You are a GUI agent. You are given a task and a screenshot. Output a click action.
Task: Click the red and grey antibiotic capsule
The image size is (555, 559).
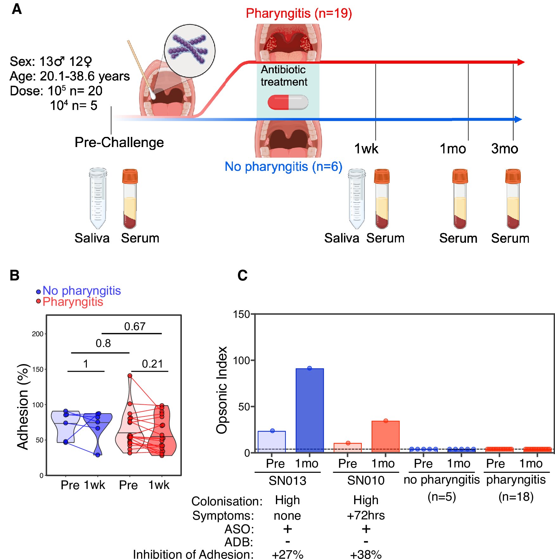pyautogui.click(x=288, y=102)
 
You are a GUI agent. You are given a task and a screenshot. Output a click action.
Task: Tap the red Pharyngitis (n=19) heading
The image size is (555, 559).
pyautogui.click(x=299, y=13)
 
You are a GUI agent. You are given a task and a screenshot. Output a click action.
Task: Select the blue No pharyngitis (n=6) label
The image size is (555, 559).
pyautogui.click(x=284, y=166)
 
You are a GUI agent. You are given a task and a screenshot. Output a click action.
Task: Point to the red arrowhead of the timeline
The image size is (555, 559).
pyautogui.click(x=521, y=62)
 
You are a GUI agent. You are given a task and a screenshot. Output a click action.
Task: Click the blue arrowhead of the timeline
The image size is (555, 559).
pyautogui.click(x=518, y=119)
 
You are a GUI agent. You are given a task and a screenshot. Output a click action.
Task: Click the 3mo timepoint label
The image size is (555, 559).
pyautogui.click(x=504, y=149)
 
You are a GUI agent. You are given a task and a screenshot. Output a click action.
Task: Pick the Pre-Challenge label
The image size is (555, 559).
pyautogui.click(x=119, y=142)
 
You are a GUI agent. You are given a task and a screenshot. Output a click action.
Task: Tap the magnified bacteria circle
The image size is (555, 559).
pyautogui.click(x=189, y=51)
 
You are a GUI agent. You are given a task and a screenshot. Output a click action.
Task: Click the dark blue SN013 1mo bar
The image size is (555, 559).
pyautogui.click(x=309, y=410)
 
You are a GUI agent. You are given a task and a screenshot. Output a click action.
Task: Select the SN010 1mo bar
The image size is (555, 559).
pyautogui.click(x=386, y=436)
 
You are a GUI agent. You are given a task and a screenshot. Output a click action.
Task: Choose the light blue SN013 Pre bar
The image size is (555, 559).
pyautogui.click(x=272, y=441)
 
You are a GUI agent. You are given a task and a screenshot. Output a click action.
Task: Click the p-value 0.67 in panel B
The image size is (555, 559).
pyautogui.click(x=135, y=326)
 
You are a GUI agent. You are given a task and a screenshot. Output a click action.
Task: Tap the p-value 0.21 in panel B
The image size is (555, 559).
pyautogui.click(x=152, y=364)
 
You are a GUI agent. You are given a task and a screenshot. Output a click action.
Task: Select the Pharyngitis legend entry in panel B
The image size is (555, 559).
pyautogui.click(x=70, y=302)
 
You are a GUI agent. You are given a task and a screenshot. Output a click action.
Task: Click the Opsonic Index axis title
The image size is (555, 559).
pyautogui.click(x=222, y=390)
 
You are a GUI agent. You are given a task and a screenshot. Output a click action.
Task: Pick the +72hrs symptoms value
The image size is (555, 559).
pyautogui.click(x=366, y=515)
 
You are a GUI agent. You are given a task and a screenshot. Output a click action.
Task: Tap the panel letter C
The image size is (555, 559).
pyautogui.click(x=243, y=275)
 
